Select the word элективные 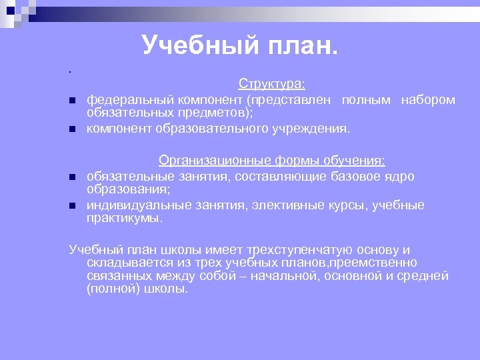[283, 205]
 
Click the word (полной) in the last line [109, 289]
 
